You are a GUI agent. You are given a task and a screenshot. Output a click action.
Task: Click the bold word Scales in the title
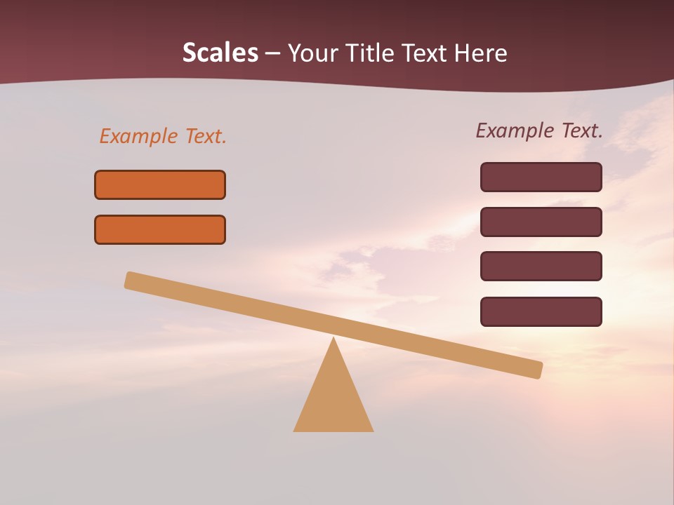coord(220,53)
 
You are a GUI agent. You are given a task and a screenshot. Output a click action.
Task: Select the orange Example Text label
coord(163,136)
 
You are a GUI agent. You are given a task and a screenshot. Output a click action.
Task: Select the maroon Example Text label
coord(539,130)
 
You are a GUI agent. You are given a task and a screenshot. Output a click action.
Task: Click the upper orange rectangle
coord(160,184)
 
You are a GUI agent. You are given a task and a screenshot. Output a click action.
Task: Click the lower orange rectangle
coord(160,229)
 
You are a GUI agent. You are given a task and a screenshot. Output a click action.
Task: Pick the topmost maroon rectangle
coord(541,177)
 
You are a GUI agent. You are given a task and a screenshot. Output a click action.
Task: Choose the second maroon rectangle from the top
coord(541,222)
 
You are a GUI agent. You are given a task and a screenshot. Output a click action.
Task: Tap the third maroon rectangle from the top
coord(541,266)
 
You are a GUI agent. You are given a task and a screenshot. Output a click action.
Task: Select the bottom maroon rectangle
coord(541,311)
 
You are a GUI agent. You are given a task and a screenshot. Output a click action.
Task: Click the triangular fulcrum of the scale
coord(333,400)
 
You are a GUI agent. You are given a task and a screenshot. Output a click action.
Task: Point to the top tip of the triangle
coord(333,339)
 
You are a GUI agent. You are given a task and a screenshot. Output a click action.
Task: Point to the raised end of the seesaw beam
coord(131,280)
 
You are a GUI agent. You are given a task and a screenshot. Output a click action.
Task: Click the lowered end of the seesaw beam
coord(537,370)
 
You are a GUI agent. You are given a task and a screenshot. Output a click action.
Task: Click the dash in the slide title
coord(273,54)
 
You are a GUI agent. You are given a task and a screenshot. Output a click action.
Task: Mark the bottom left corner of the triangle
coord(295,430)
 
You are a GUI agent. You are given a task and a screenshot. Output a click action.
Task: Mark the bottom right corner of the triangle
coord(372,430)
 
